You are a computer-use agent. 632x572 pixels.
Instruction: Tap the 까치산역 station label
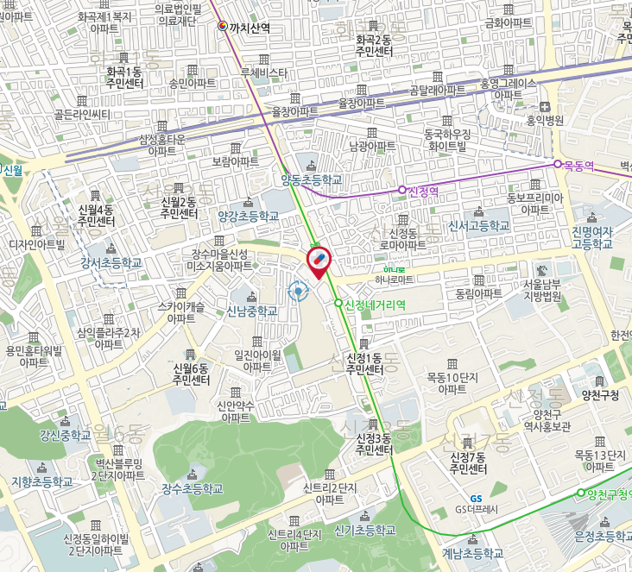(250, 28)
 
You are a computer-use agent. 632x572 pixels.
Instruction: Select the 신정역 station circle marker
(401, 190)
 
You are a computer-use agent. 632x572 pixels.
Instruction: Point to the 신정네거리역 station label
(375, 304)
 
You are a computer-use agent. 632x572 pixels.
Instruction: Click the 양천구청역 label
(609, 493)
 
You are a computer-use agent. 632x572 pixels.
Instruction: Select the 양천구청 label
(601, 396)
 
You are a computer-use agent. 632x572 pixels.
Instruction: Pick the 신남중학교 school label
(252, 311)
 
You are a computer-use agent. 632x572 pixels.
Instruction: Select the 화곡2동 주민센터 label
(374, 46)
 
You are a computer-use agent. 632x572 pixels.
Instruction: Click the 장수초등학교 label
(192, 488)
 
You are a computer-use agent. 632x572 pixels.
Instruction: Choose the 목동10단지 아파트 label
(452, 383)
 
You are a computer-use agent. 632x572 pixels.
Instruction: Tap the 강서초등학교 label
(111, 262)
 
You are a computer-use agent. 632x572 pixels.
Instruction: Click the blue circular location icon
(300, 292)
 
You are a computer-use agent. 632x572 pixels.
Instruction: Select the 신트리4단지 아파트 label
(294, 539)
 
